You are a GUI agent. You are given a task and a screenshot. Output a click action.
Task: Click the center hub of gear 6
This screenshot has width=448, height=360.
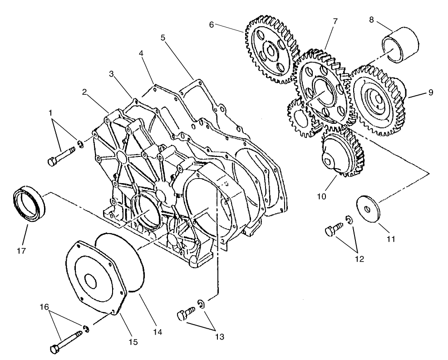[x=271, y=51]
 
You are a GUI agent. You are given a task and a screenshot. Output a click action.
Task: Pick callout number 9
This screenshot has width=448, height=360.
[x=430, y=92]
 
